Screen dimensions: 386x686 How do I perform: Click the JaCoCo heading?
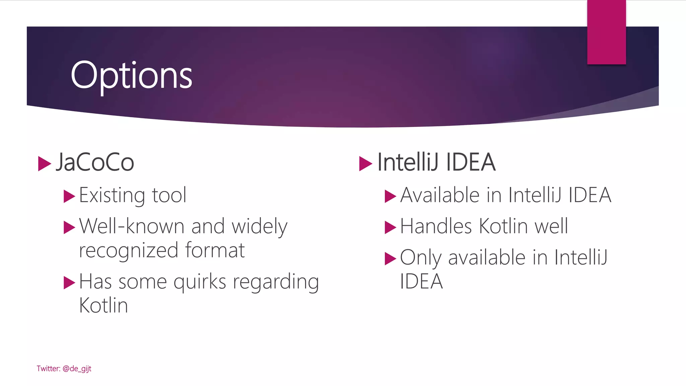coord(95,163)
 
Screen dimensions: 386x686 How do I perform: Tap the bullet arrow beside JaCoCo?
coord(44,164)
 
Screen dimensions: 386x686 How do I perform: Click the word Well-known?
coord(132,226)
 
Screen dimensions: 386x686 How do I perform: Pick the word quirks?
coord(200,282)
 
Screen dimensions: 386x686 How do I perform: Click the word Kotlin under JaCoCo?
coord(104,306)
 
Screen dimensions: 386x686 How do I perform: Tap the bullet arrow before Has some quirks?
coord(69,282)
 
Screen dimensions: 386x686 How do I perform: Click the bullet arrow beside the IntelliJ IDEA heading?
coord(365,164)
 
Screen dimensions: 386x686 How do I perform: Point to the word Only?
coord(421,258)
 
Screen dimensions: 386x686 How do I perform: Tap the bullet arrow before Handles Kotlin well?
coord(390,227)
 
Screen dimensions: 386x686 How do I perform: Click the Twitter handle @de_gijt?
coord(77,369)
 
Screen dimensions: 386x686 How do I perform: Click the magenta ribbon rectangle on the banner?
coord(606,32)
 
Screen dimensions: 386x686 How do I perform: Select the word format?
coord(215,250)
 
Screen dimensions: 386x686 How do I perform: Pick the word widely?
coord(260,227)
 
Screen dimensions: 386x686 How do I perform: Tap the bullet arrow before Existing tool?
coord(69,196)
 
